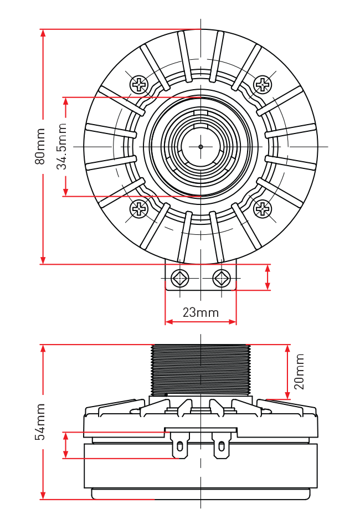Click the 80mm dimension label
tap(40, 146)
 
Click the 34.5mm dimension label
tap(61, 146)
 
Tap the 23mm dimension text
tap(200, 312)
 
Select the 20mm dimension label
tap(299, 372)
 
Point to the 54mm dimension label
tap(40, 422)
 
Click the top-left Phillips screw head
tap(138, 84)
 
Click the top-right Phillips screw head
tap(262, 84)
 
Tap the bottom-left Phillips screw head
tap(138, 209)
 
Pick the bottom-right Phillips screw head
tap(262, 209)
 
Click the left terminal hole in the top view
tap(180, 278)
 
